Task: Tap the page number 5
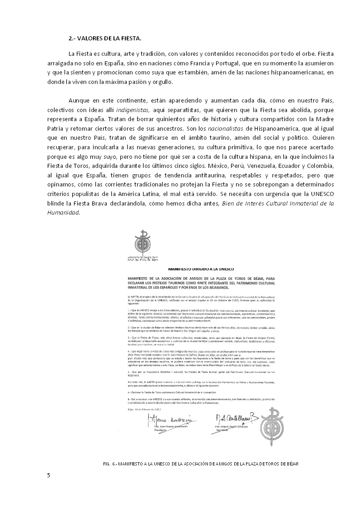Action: click(49, 475)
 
